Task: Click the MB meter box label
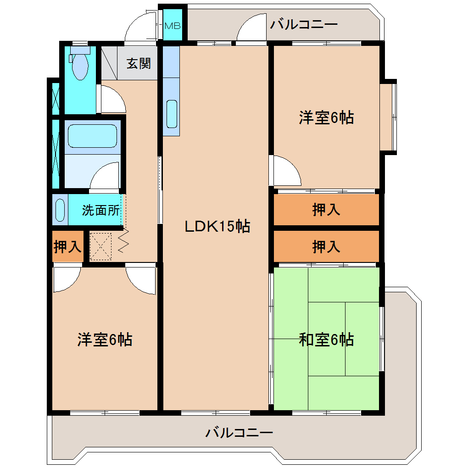pyautogui.click(x=173, y=26)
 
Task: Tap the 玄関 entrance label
pyautogui.click(x=139, y=64)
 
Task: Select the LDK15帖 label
pyautogui.click(x=217, y=226)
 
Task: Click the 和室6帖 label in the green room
pyautogui.click(x=326, y=340)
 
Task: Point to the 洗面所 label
pyautogui.click(x=101, y=210)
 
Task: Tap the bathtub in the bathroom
pyautogui.click(x=92, y=136)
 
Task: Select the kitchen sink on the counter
pyautogui.click(x=172, y=114)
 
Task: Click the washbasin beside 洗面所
pyautogui.click(x=60, y=210)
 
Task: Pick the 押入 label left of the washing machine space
pyautogui.click(x=67, y=246)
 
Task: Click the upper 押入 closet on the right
pyautogui.click(x=326, y=210)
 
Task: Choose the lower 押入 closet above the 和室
pyautogui.click(x=326, y=246)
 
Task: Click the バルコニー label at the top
pyautogui.click(x=304, y=24)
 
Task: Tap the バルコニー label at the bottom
pyautogui.click(x=239, y=432)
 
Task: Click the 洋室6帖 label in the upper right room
pyautogui.click(x=326, y=117)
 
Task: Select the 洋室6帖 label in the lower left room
pyautogui.click(x=105, y=340)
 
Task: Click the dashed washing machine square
pyautogui.click(x=100, y=246)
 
